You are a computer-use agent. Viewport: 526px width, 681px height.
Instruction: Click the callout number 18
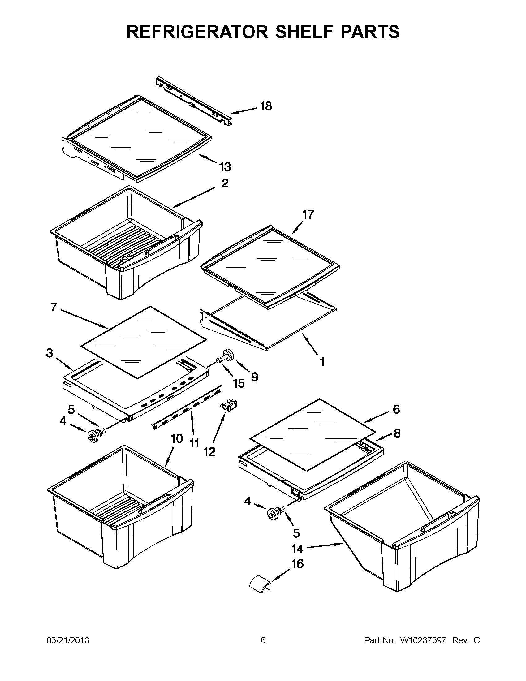[266, 106]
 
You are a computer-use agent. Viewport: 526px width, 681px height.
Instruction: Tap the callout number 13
[225, 167]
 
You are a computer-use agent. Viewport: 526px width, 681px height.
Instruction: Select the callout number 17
[308, 214]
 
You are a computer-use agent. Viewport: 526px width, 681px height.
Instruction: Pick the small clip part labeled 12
[229, 405]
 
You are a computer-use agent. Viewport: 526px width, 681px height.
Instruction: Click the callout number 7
[54, 307]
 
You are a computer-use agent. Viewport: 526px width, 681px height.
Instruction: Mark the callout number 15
[239, 384]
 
